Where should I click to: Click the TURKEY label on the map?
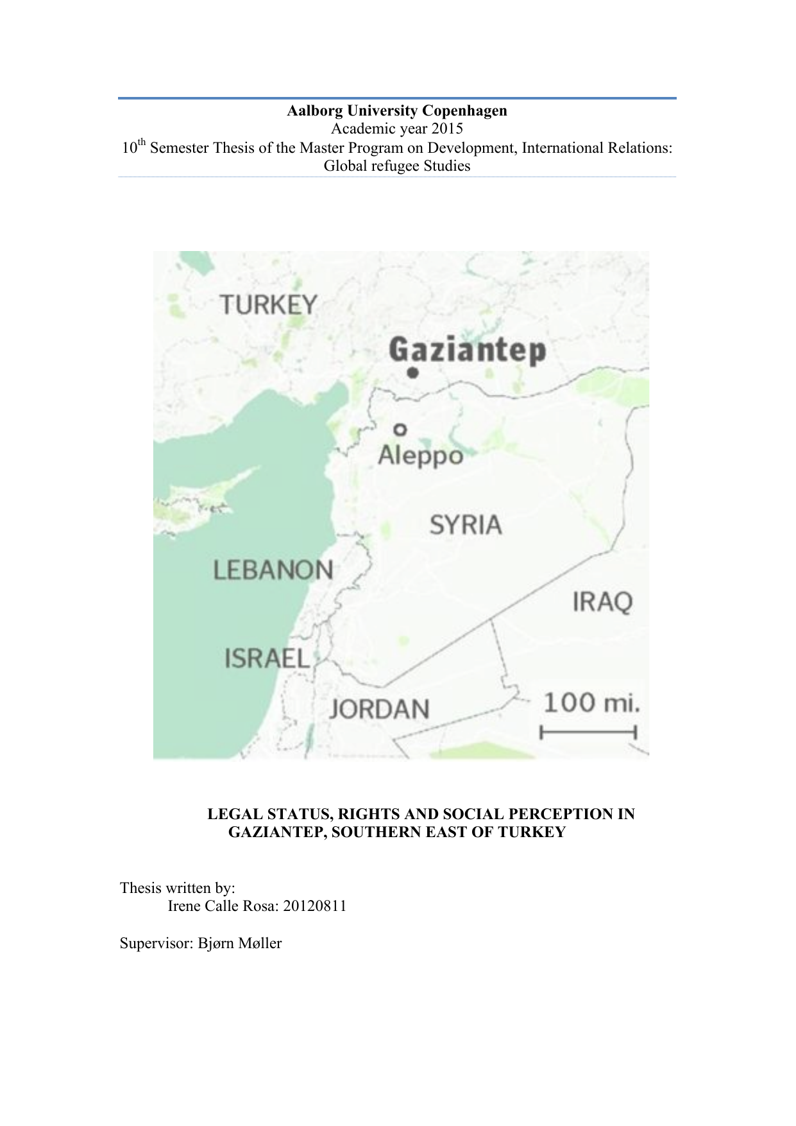click(268, 304)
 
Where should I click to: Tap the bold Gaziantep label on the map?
click(468, 351)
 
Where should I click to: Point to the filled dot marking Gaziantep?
click(413, 372)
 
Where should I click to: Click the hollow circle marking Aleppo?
click(400, 429)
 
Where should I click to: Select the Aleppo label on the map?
click(420, 456)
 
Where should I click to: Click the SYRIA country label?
click(466, 525)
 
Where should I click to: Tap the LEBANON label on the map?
click(273, 570)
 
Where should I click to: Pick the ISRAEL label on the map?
click(267, 659)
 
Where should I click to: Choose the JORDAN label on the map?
click(379, 709)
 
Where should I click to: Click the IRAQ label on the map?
click(602, 602)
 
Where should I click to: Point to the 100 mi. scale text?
click(591, 703)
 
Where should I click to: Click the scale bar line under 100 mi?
click(588, 732)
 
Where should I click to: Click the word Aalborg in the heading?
click(314, 111)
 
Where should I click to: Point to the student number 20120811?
click(315, 906)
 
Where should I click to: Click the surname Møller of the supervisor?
click(260, 943)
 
